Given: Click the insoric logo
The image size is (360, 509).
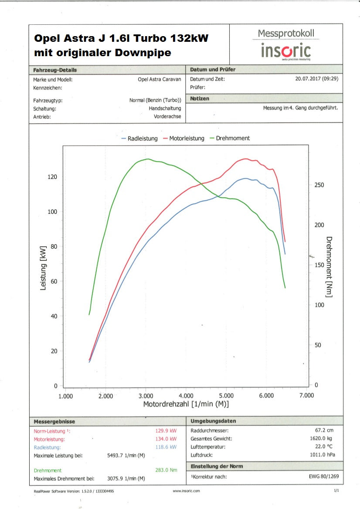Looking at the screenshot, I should [285, 51].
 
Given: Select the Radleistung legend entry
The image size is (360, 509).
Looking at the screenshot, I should [139, 138].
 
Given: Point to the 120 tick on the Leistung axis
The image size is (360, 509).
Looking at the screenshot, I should [52, 177].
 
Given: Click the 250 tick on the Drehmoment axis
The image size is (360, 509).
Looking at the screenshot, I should [319, 185].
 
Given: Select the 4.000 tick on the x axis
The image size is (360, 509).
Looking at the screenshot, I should [186, 396].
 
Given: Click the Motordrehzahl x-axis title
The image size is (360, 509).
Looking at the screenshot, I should [186, 405].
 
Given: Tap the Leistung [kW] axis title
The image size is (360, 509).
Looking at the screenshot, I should [43, 268].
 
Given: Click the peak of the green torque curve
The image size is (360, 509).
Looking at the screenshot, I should [148, 159].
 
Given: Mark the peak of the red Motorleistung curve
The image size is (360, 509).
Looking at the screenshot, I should [245, 159].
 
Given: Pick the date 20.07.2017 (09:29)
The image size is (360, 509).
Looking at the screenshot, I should [316, 79].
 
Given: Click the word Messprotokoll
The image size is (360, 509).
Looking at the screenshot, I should [285, 34].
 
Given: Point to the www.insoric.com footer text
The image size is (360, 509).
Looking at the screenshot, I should [186, 491].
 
